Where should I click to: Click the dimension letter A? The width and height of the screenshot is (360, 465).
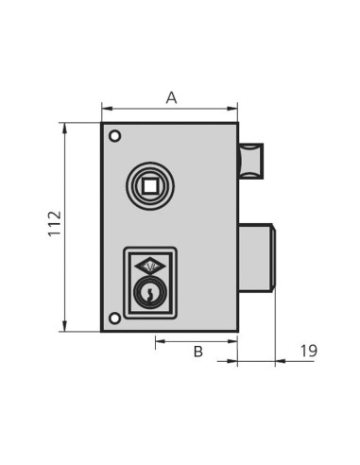coord(171,97)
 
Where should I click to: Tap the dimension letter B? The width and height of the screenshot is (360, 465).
coord(197,352)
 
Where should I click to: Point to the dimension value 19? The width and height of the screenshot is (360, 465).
coord(308,352)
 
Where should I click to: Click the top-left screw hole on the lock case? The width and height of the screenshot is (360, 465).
coord(114,135)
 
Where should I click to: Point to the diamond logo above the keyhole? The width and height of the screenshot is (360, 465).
coord(149,267)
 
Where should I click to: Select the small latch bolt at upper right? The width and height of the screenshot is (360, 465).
coord(251,160)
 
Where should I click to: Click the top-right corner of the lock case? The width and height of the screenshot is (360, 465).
coord(238,123)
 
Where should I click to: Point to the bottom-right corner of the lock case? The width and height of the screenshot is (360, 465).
coord(238,331)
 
